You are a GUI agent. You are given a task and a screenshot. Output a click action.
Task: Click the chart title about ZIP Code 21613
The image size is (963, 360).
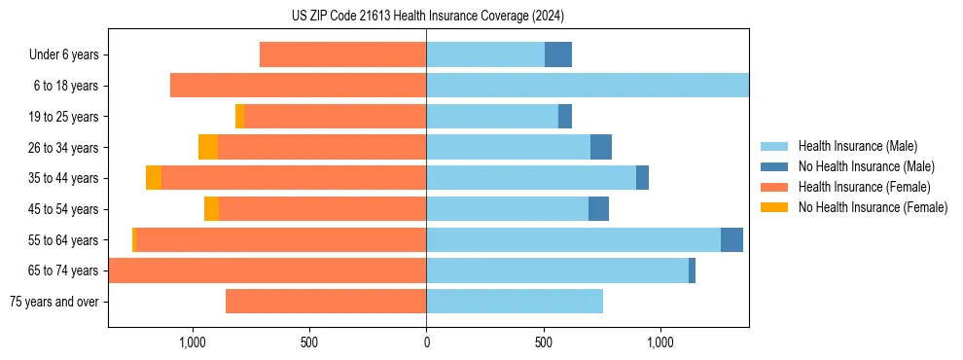point(427,16)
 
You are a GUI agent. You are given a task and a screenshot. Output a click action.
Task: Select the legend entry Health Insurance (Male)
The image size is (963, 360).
point(857,146)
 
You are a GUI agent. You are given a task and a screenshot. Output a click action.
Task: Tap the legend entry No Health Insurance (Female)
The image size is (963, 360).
point(873,207)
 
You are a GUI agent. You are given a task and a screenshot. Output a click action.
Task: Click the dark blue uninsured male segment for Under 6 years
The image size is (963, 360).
point(558,54)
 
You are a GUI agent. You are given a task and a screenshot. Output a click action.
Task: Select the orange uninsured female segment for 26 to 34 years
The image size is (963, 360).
point(208,147)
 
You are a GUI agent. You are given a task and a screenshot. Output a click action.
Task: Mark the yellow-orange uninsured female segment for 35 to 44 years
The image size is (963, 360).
point(154,178)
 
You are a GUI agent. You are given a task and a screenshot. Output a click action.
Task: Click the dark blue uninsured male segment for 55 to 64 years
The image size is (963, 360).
point(731,239)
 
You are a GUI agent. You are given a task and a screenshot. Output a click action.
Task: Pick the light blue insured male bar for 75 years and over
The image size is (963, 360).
point(515,302)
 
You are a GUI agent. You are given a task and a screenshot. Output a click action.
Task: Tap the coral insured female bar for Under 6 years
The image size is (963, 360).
point(342,54)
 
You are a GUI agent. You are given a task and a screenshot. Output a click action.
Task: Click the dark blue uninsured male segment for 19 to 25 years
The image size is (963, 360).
point(565,116)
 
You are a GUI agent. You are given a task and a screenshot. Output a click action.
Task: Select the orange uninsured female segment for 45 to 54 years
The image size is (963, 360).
point(211,208)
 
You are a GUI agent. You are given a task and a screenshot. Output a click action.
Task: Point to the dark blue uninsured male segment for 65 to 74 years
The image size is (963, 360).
point(692,270)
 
